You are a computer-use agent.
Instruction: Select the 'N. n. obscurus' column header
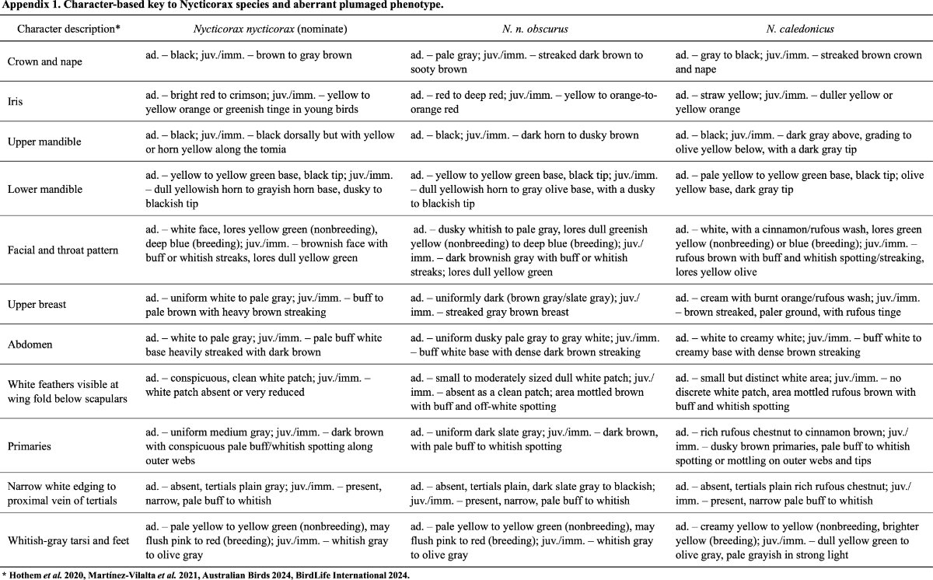click(536, 30)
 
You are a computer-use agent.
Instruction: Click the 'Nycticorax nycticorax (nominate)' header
click(270, 30)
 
